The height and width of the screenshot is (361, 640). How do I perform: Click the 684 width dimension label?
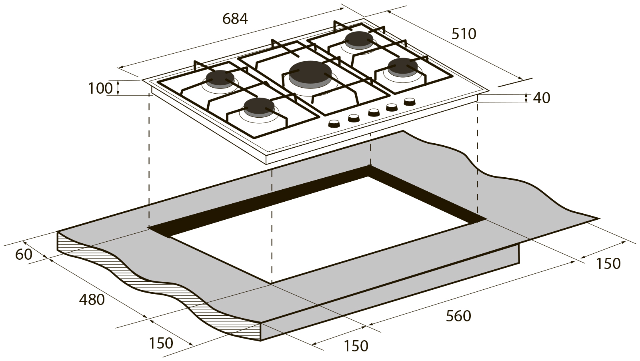(235, 19)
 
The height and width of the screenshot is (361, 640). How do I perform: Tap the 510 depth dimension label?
(464, 34)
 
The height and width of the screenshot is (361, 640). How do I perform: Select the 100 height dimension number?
(100, 88)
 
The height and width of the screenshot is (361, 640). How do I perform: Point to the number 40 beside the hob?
(542, 98)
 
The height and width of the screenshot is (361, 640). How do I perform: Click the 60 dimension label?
(24, 255)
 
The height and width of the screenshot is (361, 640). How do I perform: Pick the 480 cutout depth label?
(92, 300)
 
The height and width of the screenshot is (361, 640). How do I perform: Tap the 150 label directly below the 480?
(161, 343)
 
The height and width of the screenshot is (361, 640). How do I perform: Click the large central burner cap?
(310, 74)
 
